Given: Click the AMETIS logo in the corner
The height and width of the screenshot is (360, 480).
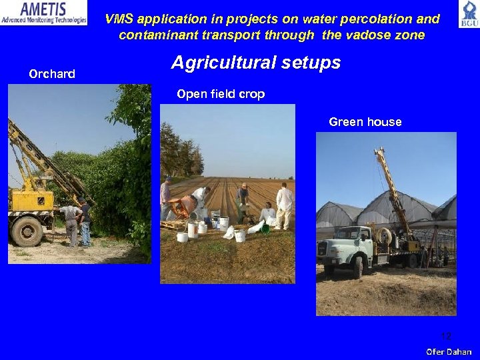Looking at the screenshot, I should (44, 13).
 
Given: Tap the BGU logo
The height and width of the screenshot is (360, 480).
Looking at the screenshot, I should (468, 14).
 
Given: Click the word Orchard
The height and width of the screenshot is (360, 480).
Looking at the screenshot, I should (52, 73).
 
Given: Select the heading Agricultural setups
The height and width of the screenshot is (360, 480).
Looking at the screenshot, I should (256, 63).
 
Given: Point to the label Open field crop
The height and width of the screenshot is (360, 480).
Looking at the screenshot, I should (221, 94).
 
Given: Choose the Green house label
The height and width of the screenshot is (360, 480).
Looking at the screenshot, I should (365, 121).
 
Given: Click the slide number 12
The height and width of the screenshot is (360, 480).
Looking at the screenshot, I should (446, 336).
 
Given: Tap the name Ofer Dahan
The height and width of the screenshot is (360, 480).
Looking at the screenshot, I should (449, 351).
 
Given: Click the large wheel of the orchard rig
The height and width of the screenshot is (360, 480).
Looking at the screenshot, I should (27, 231).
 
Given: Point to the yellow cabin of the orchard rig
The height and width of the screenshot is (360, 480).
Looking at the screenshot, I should (31, 198).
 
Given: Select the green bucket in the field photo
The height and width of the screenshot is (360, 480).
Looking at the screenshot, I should (265, 229).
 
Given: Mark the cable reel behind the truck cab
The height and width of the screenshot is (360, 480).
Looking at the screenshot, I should (385, 236).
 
